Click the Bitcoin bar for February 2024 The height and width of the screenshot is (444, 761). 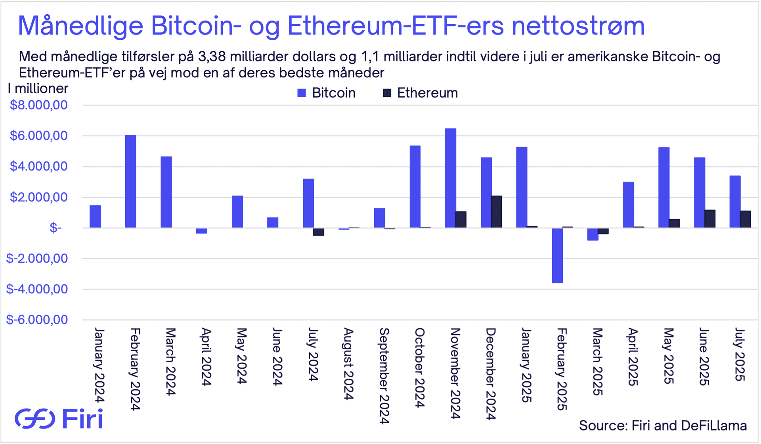coord(130,182)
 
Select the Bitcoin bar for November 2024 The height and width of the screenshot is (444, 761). coord(451,178)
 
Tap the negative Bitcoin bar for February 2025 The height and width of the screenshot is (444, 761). coord(557,255)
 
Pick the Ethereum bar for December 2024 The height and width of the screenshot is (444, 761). coord(497,212)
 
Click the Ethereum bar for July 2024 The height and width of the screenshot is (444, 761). coord(319,232)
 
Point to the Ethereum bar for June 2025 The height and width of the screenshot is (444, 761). coord(710,219)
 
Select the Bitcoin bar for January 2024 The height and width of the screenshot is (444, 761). coord(95,216)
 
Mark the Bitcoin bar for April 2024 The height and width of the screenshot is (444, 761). coord(202,231)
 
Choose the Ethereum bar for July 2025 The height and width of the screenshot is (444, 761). coord(746,219)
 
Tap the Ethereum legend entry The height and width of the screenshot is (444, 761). coord(420,93)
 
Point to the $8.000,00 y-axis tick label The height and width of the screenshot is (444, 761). coord(39,105)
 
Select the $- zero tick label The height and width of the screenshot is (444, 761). coord(55,228)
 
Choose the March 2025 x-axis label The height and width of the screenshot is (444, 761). coord(597,361)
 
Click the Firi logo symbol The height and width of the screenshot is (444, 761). coord(35,419)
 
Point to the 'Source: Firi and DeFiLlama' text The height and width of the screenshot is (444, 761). coord(663,425)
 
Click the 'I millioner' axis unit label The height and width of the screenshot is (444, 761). coord(38,88)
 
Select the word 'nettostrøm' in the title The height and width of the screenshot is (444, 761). coord(578,26)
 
